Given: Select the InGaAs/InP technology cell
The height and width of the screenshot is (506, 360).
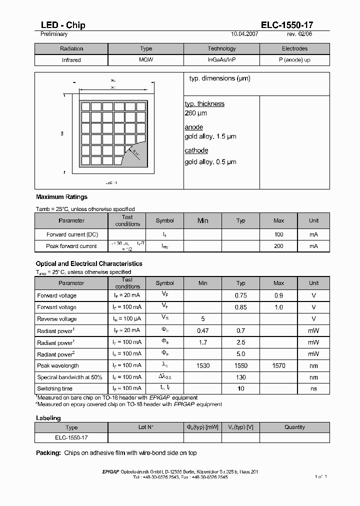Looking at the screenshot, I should click(221, 60).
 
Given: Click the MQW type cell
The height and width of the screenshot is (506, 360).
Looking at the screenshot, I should click(146, 60).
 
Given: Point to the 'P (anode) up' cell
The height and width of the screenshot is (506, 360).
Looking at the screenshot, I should click(294, 60).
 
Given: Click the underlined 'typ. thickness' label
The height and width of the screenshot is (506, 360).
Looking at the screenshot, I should click(204, 104).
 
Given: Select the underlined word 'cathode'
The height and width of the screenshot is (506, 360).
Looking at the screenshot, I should click(196, 150).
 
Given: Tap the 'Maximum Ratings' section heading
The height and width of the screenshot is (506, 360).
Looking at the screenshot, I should click(61, 197).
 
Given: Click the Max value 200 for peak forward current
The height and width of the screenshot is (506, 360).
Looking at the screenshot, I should click(278, 246).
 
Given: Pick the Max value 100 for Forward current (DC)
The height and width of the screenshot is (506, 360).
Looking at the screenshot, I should click(278, 234).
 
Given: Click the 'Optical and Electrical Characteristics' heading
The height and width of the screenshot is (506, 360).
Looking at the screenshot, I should click(89, 263).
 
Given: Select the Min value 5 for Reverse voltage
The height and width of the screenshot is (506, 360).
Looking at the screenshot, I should click(202, 319).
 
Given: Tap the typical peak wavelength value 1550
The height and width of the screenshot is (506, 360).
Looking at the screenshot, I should click(241, 366).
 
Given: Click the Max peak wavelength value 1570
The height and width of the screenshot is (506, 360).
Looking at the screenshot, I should click(278, 366).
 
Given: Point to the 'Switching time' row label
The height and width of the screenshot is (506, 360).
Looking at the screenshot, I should click(54, 388).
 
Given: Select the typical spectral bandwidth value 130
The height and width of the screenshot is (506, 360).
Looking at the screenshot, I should click(241, 377).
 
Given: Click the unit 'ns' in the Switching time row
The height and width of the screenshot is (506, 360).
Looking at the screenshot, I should click(313, 388).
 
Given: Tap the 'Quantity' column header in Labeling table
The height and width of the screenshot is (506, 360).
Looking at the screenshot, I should click(294, 427).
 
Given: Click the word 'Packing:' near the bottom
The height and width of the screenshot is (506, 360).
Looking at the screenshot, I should click(48, 453).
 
